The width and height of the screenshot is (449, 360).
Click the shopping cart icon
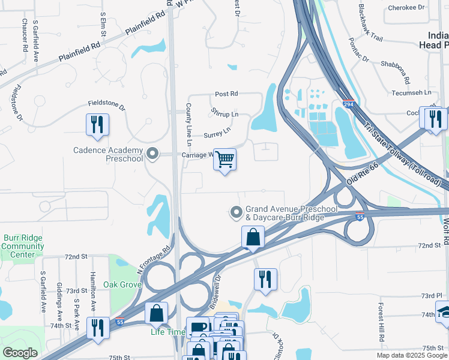tap(224, 160)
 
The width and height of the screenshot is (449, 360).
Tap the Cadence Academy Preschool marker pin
tap(152, 154)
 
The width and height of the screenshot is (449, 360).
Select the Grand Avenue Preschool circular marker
tap(237, 212)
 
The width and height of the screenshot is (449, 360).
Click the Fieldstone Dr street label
tap(106, 105)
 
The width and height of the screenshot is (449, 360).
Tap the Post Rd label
tap(226, 94)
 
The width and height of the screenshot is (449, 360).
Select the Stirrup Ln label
tap(224, 113)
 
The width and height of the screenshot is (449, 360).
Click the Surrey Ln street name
tap(217, 133)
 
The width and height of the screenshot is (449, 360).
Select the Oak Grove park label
tap(118, 284)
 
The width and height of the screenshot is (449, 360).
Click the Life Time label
tap(168, 331)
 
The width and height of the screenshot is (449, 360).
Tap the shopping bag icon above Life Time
tap(156, 313)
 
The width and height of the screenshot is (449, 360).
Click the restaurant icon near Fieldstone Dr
tap(97, 124)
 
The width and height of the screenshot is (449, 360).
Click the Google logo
tap(20, 353)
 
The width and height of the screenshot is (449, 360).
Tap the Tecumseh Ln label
tap(411, 93)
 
